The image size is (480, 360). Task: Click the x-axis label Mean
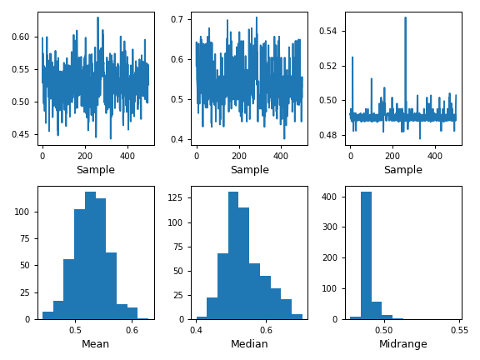tap(96, 344)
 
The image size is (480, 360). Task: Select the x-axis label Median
tap(249, 344)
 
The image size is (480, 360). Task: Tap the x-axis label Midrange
tap(402, 344)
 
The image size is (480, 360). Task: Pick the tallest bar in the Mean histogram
tap(90, 255)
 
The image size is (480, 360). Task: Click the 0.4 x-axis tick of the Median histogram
tap(197, 330)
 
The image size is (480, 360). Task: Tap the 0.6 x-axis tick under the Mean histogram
tap(132, 330)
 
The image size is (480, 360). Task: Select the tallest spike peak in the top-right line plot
tap(406, 17)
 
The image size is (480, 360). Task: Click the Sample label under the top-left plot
tap(96, 170)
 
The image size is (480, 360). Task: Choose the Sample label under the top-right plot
tap(402, 170)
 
